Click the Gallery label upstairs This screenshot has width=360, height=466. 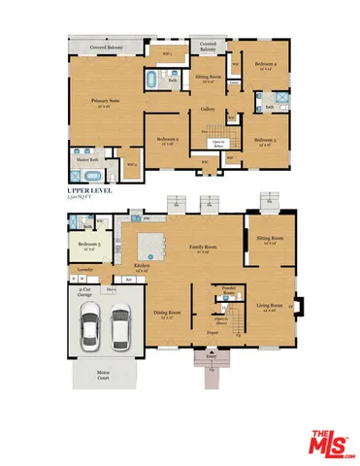[208, 109]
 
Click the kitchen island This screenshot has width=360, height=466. [151, 241]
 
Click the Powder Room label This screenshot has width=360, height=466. [230, 289]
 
